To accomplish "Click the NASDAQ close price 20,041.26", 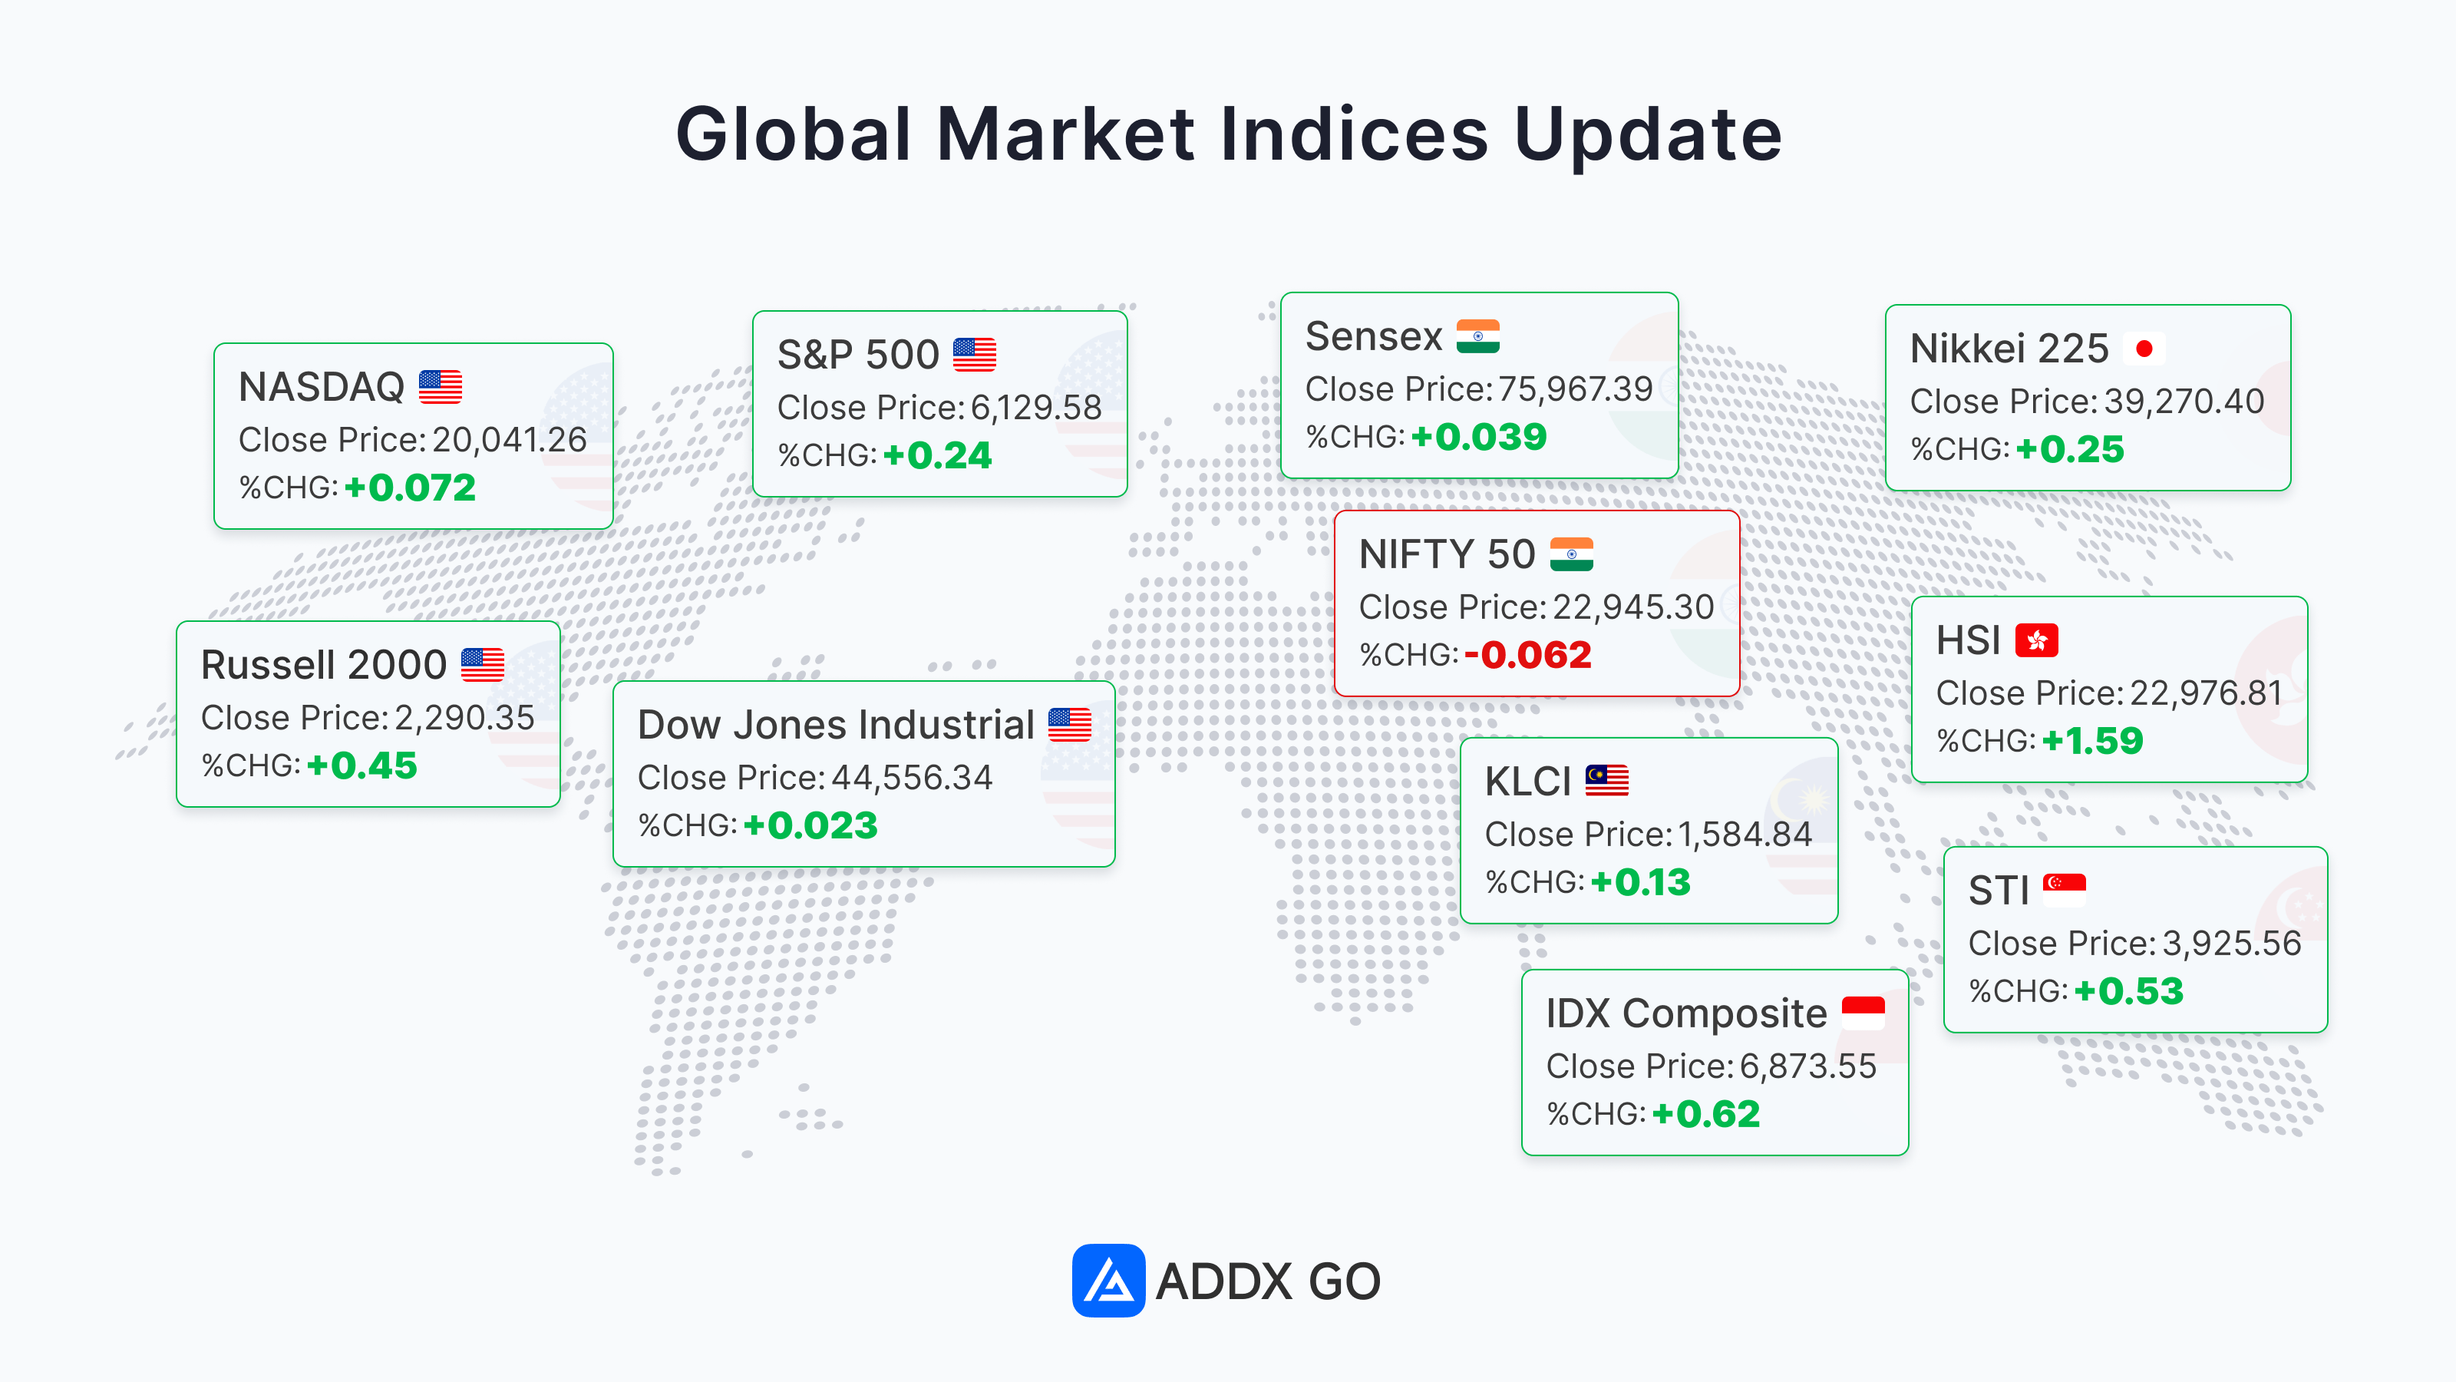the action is click(x=509, y=440).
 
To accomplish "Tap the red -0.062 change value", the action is click(x=1527, y=654).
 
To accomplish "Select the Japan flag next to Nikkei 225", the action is click(x=2144, y=349).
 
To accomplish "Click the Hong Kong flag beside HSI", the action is click(x=2036, y=640).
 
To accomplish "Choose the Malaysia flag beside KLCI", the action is click(x=1606, y=780).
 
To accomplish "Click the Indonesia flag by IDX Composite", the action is click(x=1863, y=1013).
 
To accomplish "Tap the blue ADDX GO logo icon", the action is click(x=1108, y=1280).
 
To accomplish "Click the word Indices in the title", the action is click(x=1354, y=134).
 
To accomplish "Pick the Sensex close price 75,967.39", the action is click(x=1575, y=389).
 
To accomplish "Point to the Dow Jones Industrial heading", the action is click(x=835, y=725).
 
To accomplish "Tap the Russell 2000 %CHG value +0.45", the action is click(x=361, y=765).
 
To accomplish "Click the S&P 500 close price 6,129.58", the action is click(x=1036, y=407).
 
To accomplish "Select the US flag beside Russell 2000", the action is click(x=483, y=665).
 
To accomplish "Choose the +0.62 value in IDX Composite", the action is click(x=1705, y=1113).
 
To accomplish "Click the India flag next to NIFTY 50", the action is click(x=1571, y=554).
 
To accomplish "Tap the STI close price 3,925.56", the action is click(x=2231, y=944).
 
